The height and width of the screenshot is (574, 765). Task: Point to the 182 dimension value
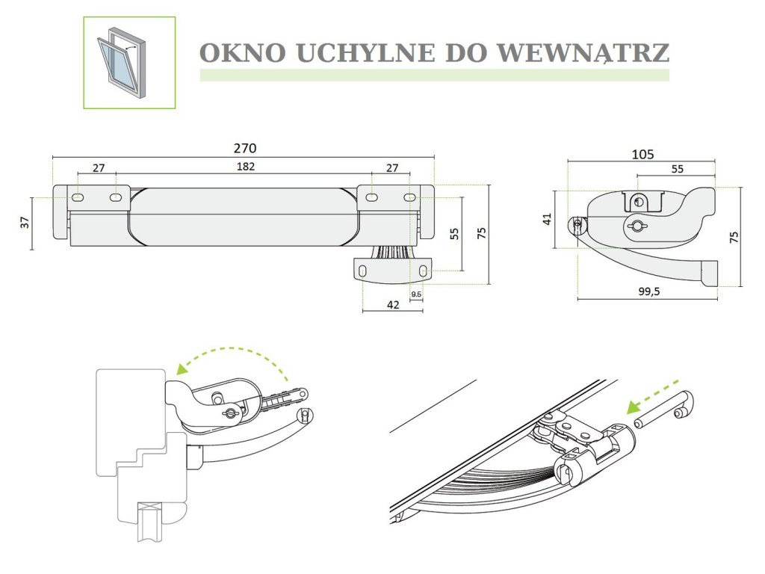246,167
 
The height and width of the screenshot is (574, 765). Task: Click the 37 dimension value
25,222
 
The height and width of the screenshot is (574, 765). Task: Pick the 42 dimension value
394,304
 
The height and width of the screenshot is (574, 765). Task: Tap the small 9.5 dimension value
417,294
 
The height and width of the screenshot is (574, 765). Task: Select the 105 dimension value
642,155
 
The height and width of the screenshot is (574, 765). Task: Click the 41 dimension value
547,219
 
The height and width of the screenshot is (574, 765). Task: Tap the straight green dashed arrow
654,392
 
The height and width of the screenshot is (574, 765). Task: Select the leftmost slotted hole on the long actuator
78,198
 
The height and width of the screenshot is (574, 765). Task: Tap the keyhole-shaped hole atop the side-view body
638,202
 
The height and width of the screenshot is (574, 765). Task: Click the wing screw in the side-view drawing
636,226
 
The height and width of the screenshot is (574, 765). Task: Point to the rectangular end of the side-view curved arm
708,272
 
